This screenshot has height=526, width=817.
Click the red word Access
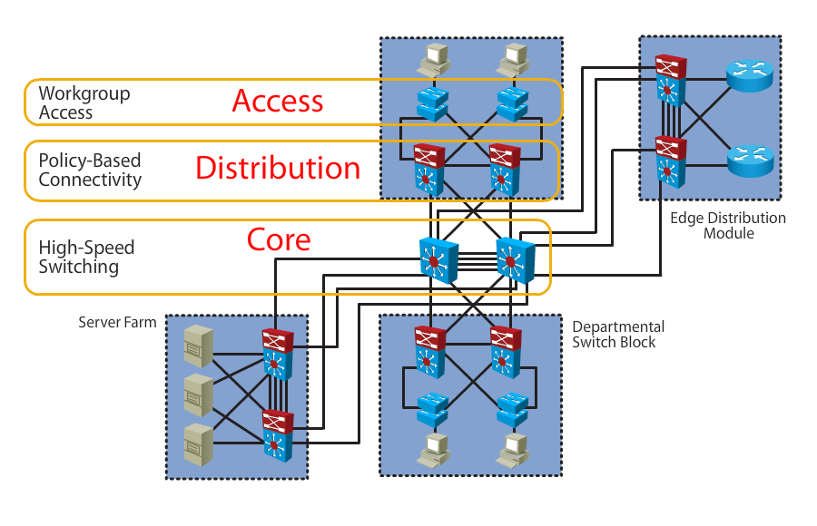pyautogui.click(x=278, y=101)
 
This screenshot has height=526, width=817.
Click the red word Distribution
pyautogui.click(x=278, y=168)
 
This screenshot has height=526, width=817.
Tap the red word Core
pyautogui.click(x=279, y=239)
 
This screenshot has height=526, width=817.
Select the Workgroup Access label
pyautogui.click(x=84, y=103)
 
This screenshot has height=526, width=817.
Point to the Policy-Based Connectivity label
pyautogui.click(x=90, y=170)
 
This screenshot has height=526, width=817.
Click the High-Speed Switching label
pyautogui.click(x=86, y=258)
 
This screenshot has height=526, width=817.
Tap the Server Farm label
pyautogui.click(x=117, y=322)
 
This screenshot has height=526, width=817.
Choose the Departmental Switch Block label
pyautogui.click(x=618, y=334)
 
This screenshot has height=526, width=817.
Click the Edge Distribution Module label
pyautogui.click(x=728, y=226)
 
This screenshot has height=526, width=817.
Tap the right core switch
pyautogui.click(x=515, y=259)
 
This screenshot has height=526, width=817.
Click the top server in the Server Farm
pyautogui.click(x=198, y=344)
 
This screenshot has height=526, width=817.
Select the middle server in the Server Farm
pyautogui.click(x=198, y=394)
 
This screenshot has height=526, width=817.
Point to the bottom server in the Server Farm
pyautogui.click(x=198, y=444)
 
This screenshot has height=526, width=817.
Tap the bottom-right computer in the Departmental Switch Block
pyautogui.click(x=515, y=447)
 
